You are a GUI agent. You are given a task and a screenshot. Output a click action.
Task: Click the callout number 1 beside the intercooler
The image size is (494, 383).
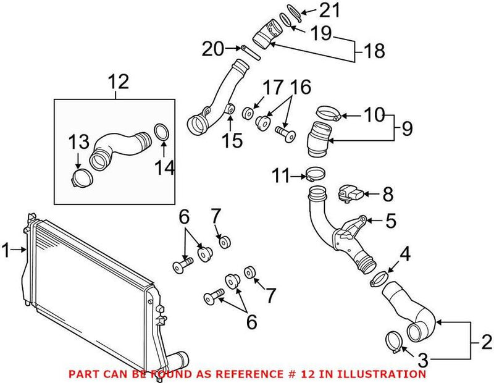[6, 250]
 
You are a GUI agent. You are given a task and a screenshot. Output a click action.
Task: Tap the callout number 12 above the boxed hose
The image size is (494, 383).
[119, 80]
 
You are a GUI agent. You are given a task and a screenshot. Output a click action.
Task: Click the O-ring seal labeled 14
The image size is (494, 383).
[161, 133]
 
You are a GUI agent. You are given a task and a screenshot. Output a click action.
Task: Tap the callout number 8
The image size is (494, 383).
[387, 196]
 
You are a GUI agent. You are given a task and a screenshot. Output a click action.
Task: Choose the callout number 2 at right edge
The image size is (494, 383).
[486, 340]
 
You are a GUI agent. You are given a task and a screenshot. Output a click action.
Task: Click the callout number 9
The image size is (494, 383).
[406, 128]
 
